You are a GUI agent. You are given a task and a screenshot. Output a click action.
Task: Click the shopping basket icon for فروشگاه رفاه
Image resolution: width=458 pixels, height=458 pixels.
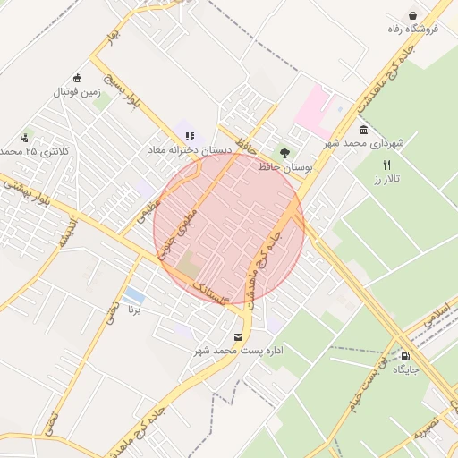click(x=412, y=15)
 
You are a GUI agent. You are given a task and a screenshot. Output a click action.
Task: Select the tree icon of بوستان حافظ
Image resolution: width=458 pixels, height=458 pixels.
click(x=284, y=153)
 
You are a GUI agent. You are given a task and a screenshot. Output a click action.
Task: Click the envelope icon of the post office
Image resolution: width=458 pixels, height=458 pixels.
click(x=238, y=336)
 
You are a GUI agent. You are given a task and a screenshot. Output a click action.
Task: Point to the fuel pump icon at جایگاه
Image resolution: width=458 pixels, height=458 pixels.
click(x=407, y=355)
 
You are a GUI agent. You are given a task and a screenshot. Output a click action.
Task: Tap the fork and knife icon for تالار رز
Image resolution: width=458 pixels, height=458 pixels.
click(x=386, y=165)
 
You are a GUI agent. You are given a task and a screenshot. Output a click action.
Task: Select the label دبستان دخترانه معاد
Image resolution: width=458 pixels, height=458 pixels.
click(x=190, y=151)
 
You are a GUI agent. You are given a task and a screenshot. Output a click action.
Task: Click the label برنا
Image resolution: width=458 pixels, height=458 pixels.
click(x=134, y=310)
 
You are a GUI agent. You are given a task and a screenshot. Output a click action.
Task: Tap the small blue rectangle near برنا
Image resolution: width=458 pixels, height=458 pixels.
click(x=134, y=294)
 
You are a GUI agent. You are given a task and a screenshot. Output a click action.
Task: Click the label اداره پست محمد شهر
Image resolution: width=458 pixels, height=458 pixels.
click(x=239, y=351)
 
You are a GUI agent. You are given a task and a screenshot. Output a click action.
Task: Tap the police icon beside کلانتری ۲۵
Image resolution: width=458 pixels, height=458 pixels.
click(x=23, y=138)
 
